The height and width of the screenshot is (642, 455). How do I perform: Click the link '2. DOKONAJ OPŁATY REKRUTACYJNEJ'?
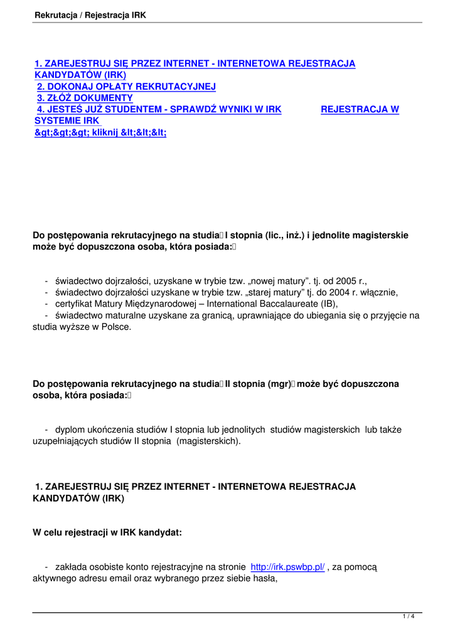(x=126, y=87)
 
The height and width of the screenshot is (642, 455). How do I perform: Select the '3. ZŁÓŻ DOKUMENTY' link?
(x=85, y=98)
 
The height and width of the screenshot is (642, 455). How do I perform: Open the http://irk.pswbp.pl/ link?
(x=287, y=567)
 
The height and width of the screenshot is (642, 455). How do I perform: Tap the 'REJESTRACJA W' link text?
(x=360, y=110)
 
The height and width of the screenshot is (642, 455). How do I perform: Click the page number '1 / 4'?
(x=409, y=617)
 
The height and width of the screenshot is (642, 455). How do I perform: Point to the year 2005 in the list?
(x=346, y=281)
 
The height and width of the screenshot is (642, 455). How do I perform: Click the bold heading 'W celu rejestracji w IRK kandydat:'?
(x=107, y=532)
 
